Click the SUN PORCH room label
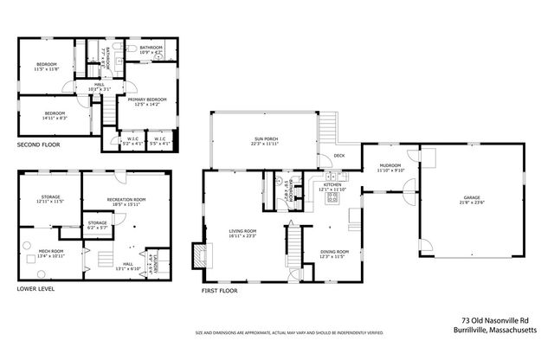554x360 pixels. tap(266, 138)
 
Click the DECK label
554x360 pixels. tap(325, 157)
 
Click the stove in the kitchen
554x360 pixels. tap(332, 198)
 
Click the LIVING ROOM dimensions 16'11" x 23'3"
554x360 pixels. tap(242, 235)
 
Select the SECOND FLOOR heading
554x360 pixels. tap(39, 145)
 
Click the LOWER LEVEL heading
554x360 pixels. tap(35, 288)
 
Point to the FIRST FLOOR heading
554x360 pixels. tap(220, 292)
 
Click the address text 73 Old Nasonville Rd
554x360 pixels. tap(499, 318)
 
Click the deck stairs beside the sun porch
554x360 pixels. tap(329, 132)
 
